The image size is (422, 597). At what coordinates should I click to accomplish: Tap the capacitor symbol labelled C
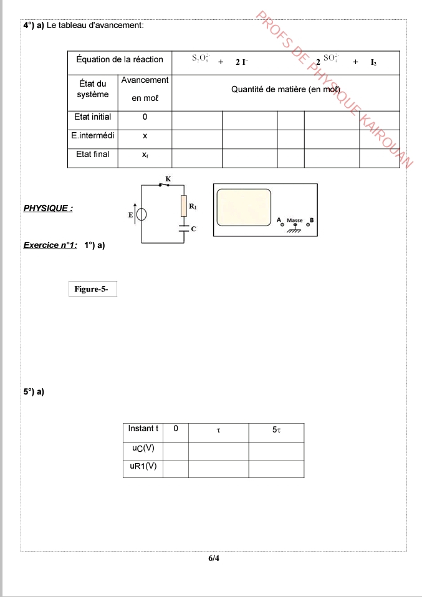tap(184, 227)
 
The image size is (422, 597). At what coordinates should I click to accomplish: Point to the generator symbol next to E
tap(141, 214)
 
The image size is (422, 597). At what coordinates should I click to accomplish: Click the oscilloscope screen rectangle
tap(244, 208)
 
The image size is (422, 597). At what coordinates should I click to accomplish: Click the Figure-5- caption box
tap(92, 289)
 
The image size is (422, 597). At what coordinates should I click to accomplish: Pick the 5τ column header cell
tap(276, 429)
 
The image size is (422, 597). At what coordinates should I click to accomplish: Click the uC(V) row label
tap(143, 447)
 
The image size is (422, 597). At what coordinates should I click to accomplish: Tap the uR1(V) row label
tap(143, 466)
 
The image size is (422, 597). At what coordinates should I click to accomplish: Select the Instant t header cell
tap(143, 429)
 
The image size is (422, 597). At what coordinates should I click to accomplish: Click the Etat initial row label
tap(92, 117)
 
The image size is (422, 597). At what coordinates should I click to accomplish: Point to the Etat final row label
tap(92, 155)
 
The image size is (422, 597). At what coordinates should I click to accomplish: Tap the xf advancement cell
tap(145, 155)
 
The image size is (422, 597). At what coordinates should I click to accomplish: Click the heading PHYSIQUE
tap(48, 208)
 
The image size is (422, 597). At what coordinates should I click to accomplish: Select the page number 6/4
tap(214, 558)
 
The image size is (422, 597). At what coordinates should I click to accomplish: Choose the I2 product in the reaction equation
tap(373, 62)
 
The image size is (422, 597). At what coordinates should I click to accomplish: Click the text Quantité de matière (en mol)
tap(285, 90)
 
